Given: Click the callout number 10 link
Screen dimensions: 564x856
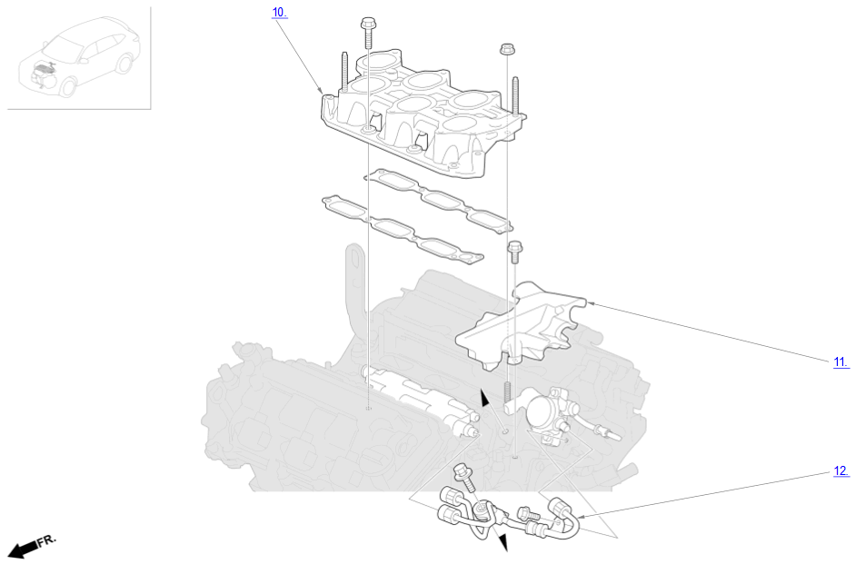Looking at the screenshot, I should pos(279,12).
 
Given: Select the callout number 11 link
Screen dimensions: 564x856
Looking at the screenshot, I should pos(841,361).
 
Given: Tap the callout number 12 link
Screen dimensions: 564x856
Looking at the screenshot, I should pos(841,470).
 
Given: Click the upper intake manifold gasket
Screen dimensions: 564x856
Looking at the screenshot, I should pos(439,199).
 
